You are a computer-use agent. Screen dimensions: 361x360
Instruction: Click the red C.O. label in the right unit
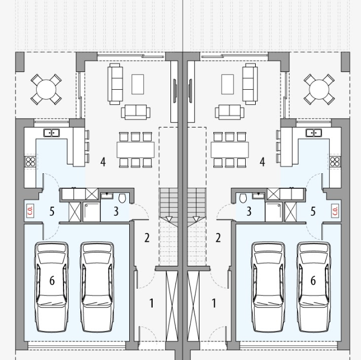pyautogui.click(x=335, y=211)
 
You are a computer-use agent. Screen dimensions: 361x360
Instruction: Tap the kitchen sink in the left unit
pyautogui.click(x=52, y=133)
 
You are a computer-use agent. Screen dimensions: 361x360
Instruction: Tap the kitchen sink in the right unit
pyautogui.click(x=314, y=133)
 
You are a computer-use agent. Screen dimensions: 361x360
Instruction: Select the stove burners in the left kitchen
pyautogui.click(x=31, y=161)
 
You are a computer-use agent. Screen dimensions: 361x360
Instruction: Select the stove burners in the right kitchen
pyautogui.click(x=335, y=161)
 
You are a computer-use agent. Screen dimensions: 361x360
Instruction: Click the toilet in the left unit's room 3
pyautogui.click(x=122, y=198)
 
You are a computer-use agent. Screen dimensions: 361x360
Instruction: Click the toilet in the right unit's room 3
pyautogui.click(x=243, y=198)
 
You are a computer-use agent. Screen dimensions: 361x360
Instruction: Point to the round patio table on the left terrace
pyautogui.click(x=46, y=89)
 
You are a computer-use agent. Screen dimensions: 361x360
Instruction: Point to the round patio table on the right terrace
pyautogui.click(x=319, y=89)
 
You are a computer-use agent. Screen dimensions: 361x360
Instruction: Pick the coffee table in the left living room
pyautogui.click(x=138, y=84)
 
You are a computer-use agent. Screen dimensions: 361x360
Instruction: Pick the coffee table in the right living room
pyautogui.click(x=227, y=84)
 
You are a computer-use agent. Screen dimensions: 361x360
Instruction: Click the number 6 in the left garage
pyautogui.click(x=52, y=280)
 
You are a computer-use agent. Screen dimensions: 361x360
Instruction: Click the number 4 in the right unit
pyautogui.click(x=262, y=162)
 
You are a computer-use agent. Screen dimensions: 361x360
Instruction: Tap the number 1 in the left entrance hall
pyautogui.click(x=152, y=303)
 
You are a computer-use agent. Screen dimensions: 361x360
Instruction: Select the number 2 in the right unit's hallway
pyautogui.click(x=218, y=238)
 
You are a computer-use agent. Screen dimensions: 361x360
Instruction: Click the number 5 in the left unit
pyautogui.click(x=52, y=211)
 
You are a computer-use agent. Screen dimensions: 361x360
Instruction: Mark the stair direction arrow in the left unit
pyautogui.click(x=169, y=219)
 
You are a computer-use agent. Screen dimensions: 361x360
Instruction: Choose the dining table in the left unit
pyautogui.click(x=135, y=150)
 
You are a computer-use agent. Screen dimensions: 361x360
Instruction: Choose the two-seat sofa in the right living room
pyautogui.click(x=230, y=112)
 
